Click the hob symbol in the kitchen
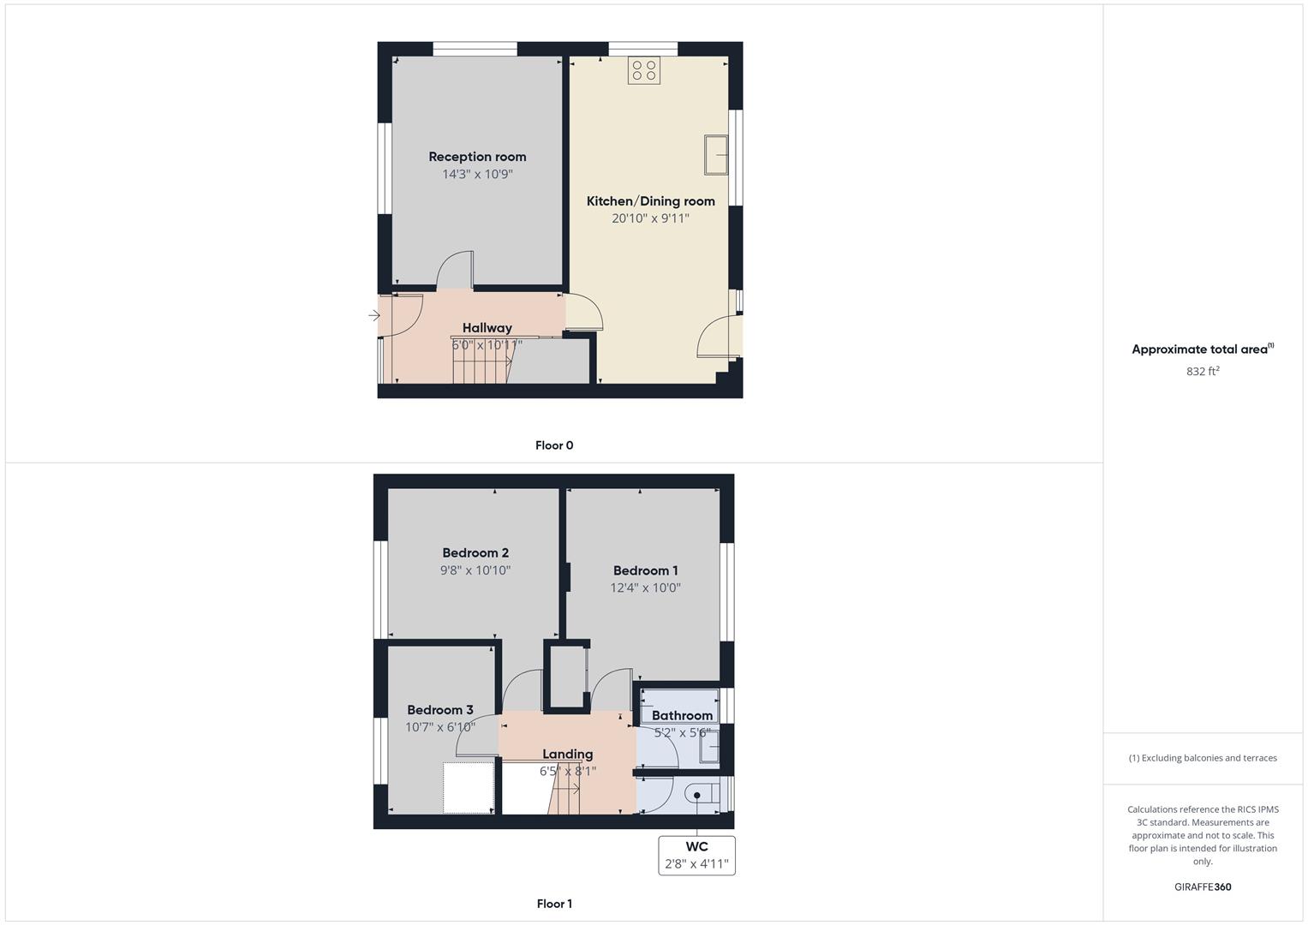coord(644,70)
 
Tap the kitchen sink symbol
coord(716,155)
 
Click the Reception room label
coord(477,157)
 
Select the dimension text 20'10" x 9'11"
coord(650,218)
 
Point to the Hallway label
coord(487,328)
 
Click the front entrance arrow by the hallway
coord(373,316)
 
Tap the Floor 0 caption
coord(554,445)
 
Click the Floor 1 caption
coord(554,904)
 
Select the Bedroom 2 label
coord(475,553)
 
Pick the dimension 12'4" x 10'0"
coord(645,588)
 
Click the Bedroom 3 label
coord(439,710)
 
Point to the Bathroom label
coord(682,716)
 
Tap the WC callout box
coord(696,855)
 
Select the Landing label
coord(567,755)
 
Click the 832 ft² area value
coord(1203,372)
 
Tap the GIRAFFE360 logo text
coord(1203,887)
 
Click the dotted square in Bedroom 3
coord(469,787)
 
